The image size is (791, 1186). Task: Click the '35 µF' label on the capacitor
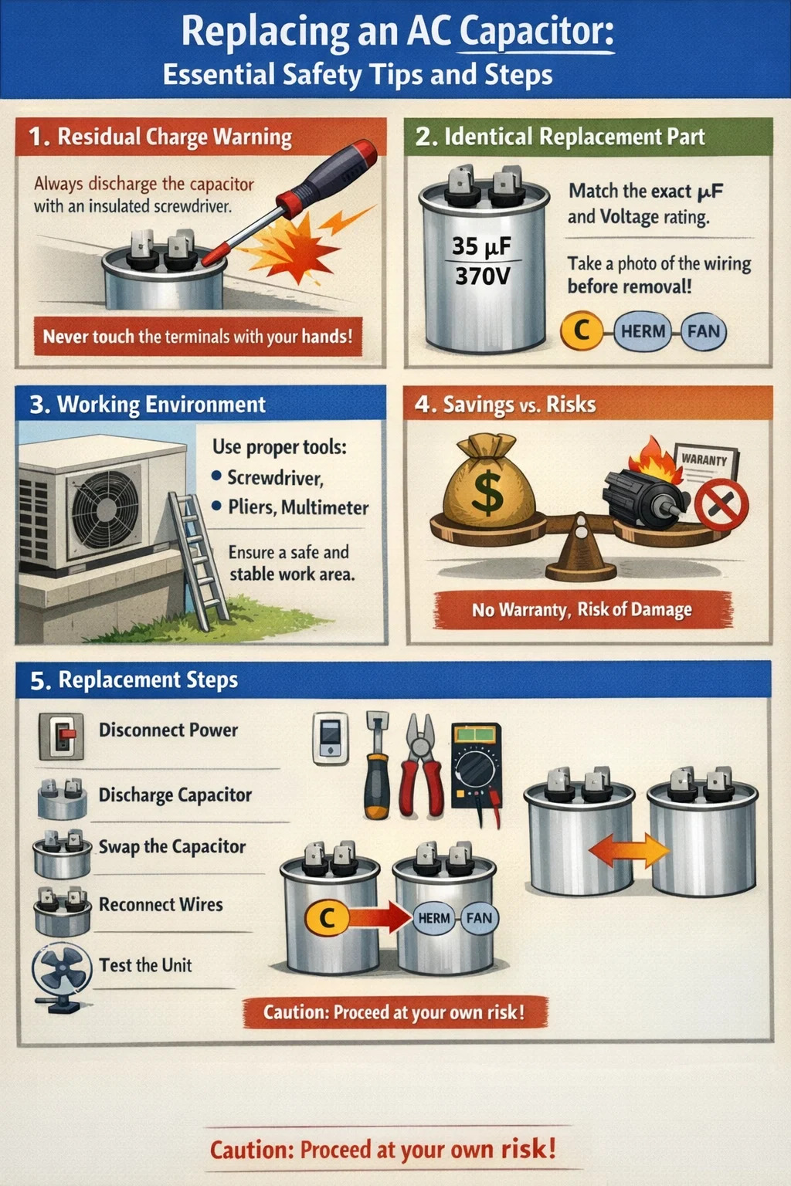tap(481, 246)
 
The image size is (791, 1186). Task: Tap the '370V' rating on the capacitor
tap(482, 276)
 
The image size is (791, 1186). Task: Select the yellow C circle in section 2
tap(582, 330)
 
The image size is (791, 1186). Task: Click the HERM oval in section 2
tap(643, 331)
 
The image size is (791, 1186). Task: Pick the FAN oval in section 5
tap(480, 917)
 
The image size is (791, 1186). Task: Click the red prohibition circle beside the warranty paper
tap(721, 504)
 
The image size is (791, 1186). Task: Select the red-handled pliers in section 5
tap(422, 765)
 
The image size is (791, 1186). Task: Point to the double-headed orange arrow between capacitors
tap(628, 850)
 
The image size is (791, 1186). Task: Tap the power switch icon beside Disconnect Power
tap(61, 736)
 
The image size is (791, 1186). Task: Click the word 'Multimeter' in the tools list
tap(324, 507)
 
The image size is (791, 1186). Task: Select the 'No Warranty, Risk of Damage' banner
tap(582, 609)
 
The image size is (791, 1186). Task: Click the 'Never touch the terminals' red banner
tap(199, 336)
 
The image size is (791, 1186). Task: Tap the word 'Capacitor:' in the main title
tap(537, 31)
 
